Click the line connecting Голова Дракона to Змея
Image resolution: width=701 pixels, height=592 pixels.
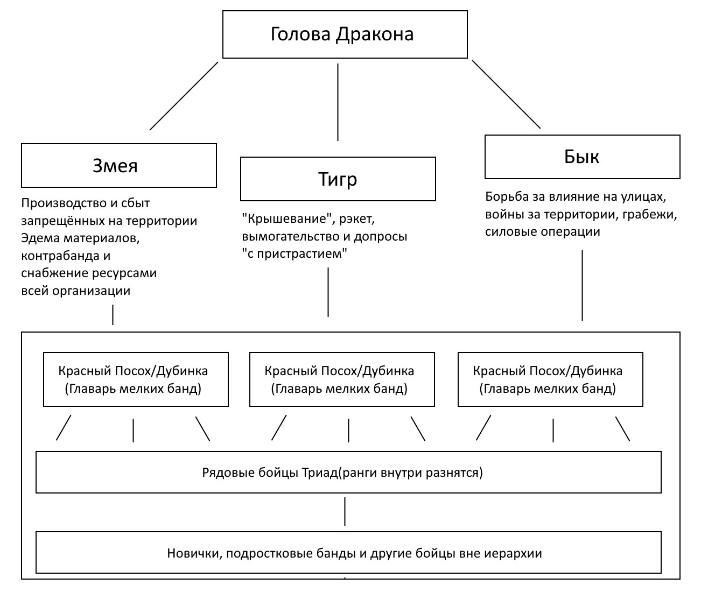pyautogui.click(x=184, y=96)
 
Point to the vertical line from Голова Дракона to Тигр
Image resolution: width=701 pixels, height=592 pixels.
pyautogui.click(x=338, y=102)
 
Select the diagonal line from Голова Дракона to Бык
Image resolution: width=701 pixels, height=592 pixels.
pyautogui.click(x=506, y=94)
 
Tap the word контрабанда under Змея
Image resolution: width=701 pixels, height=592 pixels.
pyautogui.click(x=60, y=256)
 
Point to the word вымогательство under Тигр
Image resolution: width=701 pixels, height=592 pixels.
pyautogui.click(x=290, y=237)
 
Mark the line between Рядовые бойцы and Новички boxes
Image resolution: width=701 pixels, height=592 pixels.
pyautogui.click(x=345, y=511)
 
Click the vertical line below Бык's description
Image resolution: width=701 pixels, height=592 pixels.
pyautogui.click(x=582, y=285)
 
